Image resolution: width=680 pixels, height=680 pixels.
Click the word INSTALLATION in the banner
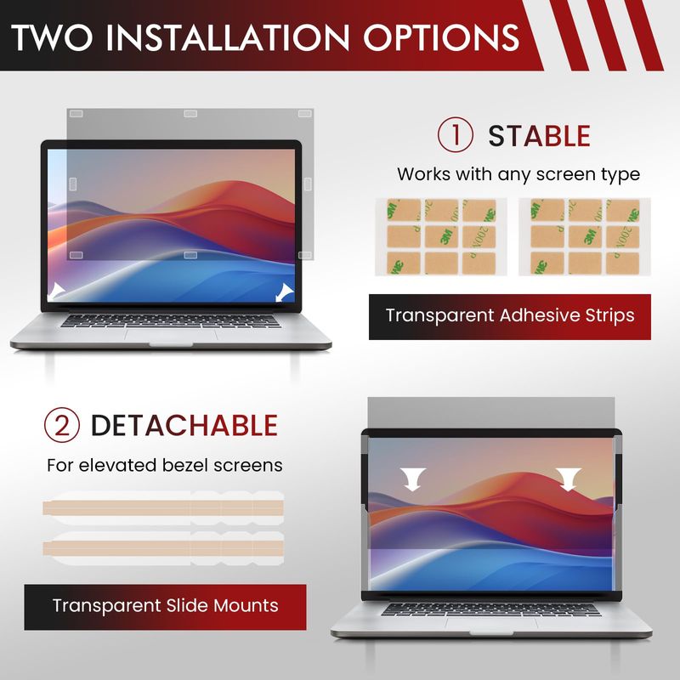[x=227, y=37]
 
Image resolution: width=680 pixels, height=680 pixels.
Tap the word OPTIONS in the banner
[x=441, y=37]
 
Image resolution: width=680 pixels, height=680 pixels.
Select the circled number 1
[x=455, y=135]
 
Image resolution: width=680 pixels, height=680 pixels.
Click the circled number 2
[x=61, y=425]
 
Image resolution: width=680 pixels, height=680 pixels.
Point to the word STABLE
[x=539, y=136]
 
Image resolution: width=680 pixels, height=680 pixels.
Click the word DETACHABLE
[x=184, y=425]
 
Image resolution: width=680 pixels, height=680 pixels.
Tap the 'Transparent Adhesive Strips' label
[x=510, y=315]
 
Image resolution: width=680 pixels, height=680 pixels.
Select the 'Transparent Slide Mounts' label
[x=165, y=606]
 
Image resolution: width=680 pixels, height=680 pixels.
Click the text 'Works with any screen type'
[x=518, y=174]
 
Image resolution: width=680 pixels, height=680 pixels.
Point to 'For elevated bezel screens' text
[x=164, y=465]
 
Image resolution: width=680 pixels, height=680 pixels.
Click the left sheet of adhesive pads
[x=441, y=237]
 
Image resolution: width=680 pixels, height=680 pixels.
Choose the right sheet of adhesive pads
[x=585, y=237]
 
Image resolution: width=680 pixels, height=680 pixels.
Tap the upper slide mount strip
[x=163, y=507]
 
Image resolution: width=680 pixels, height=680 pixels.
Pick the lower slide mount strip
[x=163, y=548]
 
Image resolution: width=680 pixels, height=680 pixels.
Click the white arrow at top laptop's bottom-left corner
[x=56, y=291]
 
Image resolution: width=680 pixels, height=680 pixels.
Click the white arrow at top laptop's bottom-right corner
[x=285, y=292]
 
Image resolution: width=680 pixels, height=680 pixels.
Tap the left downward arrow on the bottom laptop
[x=412, y=479]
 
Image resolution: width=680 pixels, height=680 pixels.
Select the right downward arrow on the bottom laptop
[x=568, y=479]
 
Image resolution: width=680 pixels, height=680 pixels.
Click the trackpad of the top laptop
[x=171, y=335]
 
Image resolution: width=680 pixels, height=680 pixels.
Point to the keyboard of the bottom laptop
[x=491, y=609]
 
